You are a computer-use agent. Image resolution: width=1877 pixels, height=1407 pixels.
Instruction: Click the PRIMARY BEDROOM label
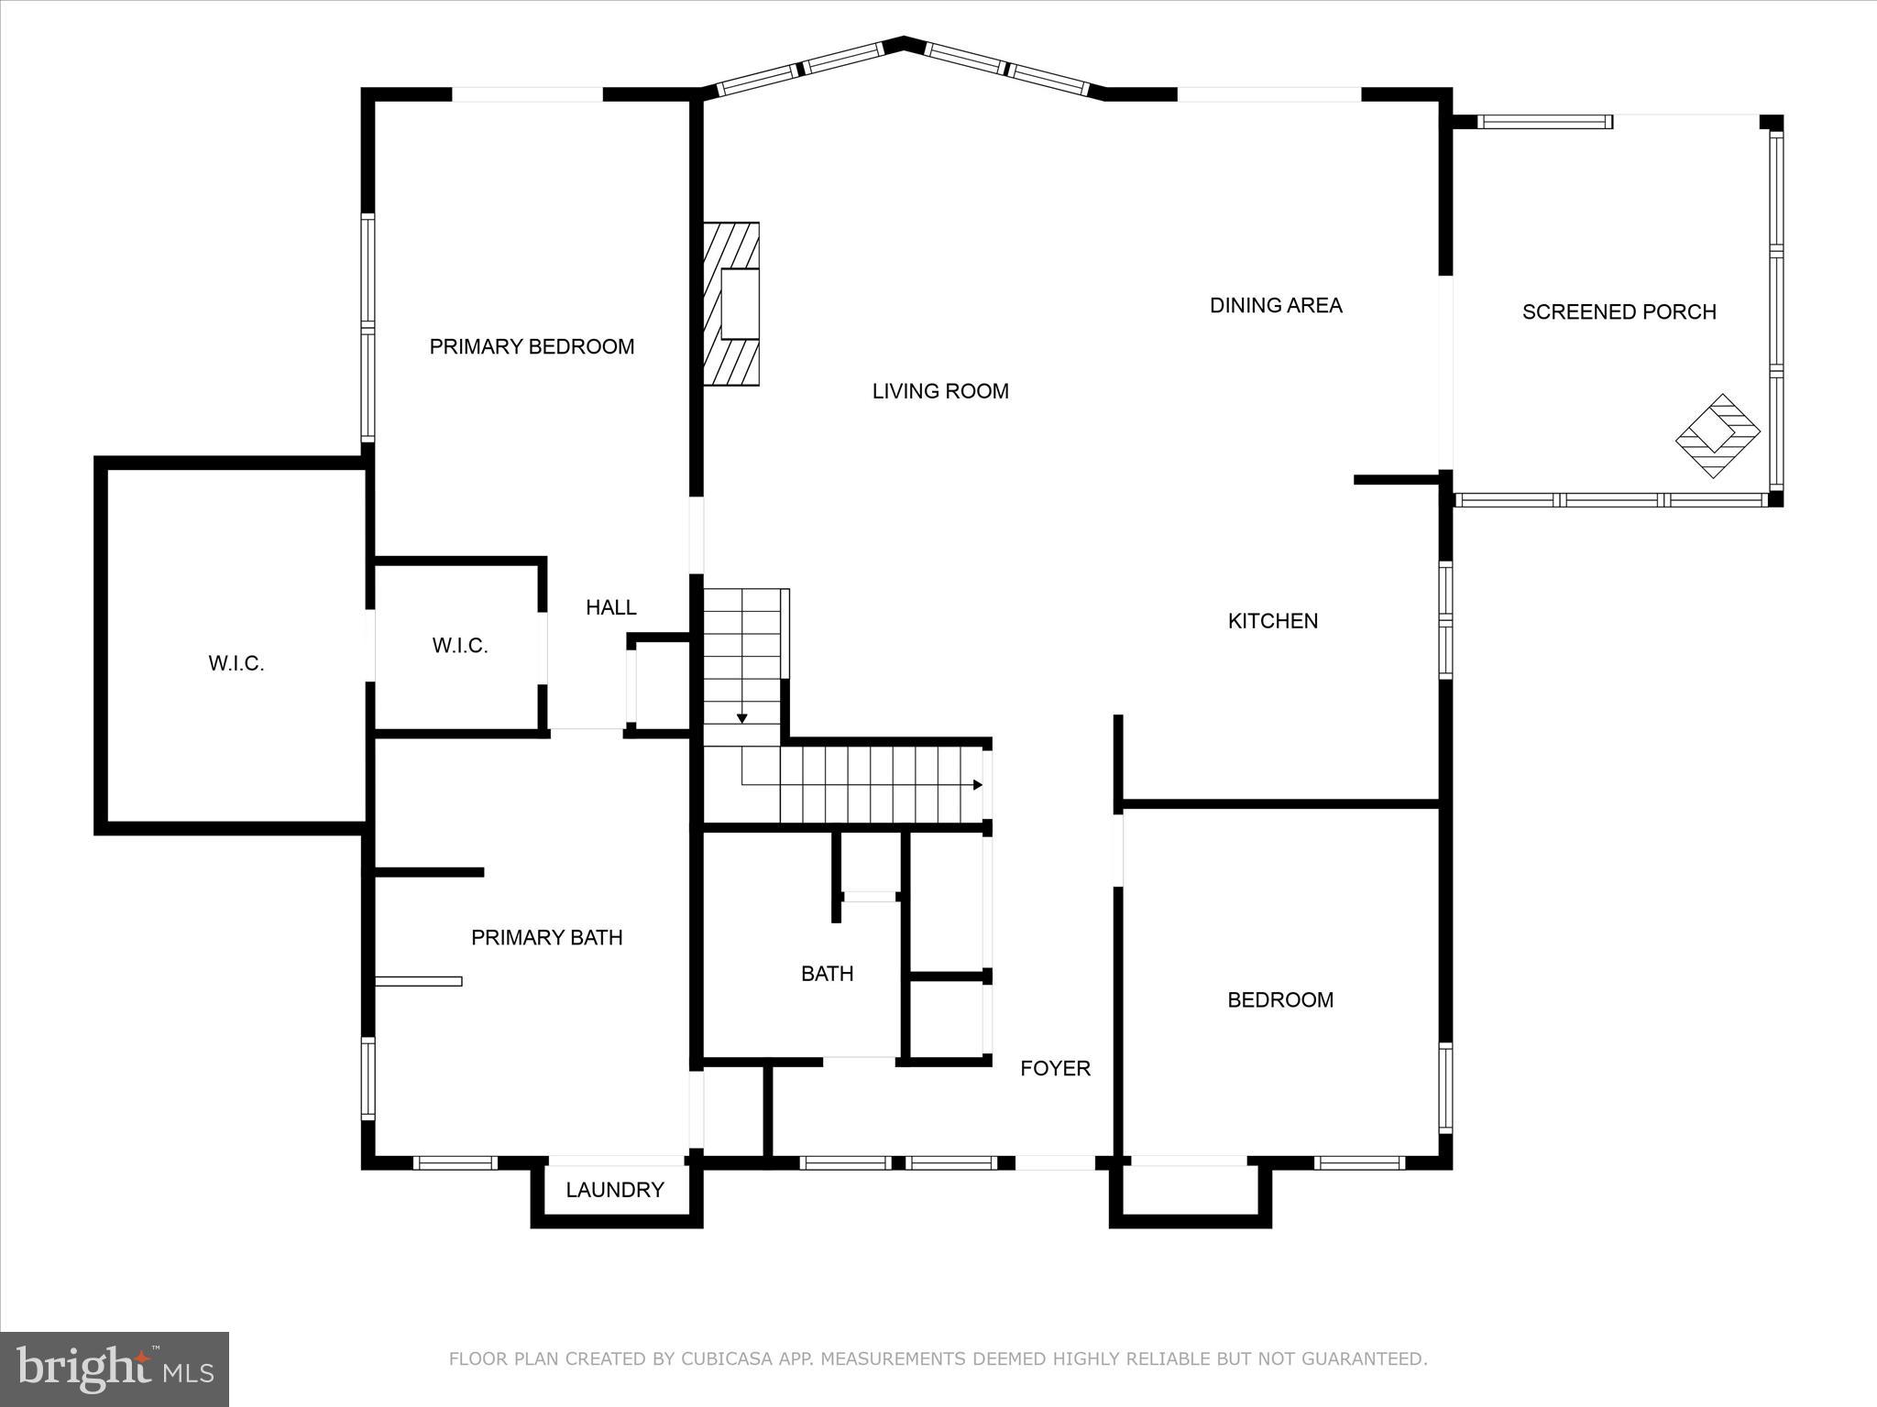[x=532, y=346]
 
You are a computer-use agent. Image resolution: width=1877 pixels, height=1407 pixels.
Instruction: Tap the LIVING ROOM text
[x=940, y=391]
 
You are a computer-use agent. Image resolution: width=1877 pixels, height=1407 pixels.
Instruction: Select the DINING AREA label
[x=1276, y=305]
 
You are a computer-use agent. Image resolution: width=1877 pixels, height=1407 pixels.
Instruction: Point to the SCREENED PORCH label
[x=1619, y=311]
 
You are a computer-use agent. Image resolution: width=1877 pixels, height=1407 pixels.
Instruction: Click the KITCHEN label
[x=1272, y=621]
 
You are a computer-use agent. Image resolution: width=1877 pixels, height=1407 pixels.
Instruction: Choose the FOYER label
[x=1055, y=1068]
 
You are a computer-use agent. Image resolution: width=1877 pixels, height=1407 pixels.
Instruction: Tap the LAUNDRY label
[x=614, y=1190]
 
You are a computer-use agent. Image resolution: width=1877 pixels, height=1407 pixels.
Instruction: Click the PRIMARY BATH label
[x=546, y=937]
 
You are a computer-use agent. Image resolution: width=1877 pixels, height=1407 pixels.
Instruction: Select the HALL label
[x=610, y=607]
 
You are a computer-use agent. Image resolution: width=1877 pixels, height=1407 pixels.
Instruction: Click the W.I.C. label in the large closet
[x=236, y=664]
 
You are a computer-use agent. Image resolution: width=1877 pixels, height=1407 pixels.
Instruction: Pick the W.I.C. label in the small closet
[x=459, y=646]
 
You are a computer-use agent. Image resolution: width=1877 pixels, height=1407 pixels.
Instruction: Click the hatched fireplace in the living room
[x=731, y=304]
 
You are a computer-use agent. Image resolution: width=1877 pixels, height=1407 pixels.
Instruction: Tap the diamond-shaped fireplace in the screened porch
[x=1718, y=435]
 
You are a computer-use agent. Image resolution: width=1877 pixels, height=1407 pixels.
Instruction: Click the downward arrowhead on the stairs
[x=742, y=718]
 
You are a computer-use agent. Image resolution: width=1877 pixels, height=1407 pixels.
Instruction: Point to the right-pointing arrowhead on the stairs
[x=977, y=785]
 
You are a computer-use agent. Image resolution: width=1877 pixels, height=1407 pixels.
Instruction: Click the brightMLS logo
[x=115, y=1369]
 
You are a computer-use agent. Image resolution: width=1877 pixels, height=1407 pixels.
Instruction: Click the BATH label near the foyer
[x=827, y=974]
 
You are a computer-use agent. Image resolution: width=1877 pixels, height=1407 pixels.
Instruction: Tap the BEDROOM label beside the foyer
[x=1279, y=999]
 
